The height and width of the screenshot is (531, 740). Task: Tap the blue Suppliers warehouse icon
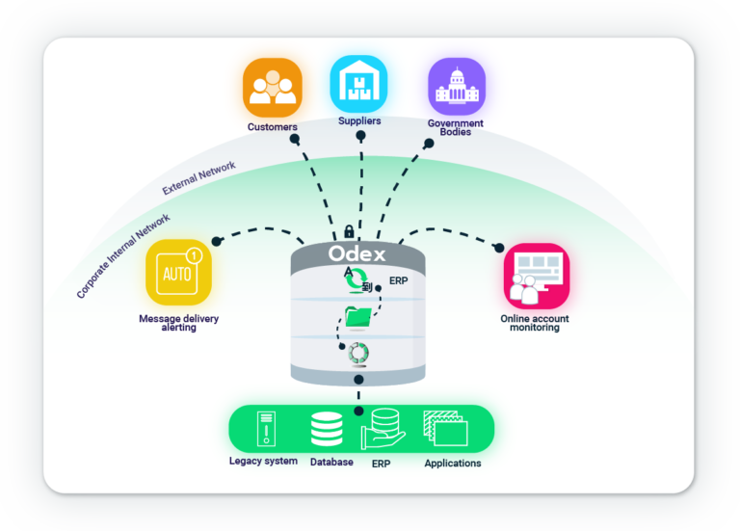358,84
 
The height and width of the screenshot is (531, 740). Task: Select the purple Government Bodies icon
456,87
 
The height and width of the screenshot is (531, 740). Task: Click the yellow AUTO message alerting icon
177,273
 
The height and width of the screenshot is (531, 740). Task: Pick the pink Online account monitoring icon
536,275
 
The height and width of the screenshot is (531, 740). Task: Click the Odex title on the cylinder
357,254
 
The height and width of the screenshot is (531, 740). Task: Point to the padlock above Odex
347,232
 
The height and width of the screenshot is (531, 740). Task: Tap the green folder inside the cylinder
358,315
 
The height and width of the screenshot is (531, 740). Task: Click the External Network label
198,179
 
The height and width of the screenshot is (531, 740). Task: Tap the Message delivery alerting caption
178,323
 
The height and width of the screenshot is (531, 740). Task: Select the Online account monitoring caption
535,323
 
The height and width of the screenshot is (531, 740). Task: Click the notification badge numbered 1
194,256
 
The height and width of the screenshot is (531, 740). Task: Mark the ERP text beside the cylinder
399,281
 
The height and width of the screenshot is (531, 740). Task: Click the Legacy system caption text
263,462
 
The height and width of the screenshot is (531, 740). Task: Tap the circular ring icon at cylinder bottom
357,354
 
